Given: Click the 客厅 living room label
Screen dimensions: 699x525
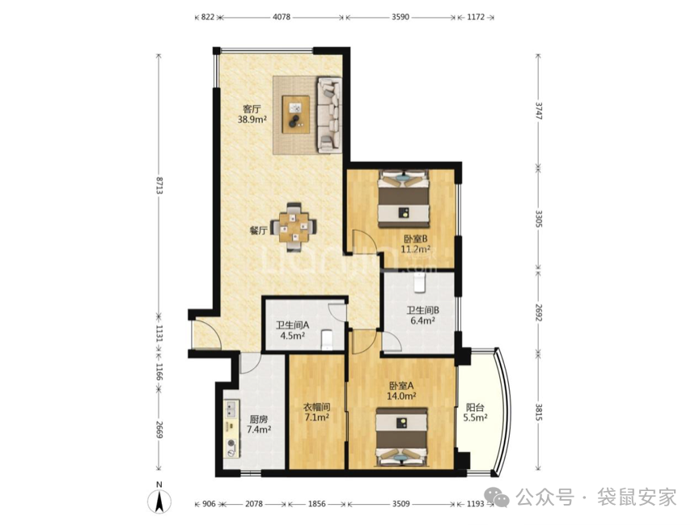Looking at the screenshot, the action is (x=252, y=108).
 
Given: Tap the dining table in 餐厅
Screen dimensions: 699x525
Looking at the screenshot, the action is (x=294, y=227).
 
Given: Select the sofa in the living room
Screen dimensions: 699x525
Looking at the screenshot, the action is (x=329, y=115).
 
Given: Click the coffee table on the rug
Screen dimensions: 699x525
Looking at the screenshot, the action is (x=296, y=114).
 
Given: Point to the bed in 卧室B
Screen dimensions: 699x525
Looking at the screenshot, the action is (x=404, y=199).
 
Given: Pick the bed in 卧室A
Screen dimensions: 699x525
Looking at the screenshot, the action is (x=401, y=437).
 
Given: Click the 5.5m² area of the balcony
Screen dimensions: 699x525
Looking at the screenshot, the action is (x=475, y=417).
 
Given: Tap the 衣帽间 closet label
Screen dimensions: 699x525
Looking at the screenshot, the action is (x=316, y=407).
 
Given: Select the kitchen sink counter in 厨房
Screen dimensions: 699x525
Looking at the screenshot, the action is (x=231, y=428).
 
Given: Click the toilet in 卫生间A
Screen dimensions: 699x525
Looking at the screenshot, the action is (x=327, y=339).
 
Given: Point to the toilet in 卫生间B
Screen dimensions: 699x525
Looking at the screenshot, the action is (x=420, y=283).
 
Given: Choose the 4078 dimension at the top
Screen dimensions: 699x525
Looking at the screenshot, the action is (x=282, y=17).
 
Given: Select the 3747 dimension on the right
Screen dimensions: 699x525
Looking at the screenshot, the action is (x=539, y=110).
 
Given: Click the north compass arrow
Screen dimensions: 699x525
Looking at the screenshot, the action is (x=159, y=502).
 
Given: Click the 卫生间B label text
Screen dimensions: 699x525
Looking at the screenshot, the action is (x=422, y=311).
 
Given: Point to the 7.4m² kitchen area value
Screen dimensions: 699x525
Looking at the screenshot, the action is (x=259, y=430).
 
